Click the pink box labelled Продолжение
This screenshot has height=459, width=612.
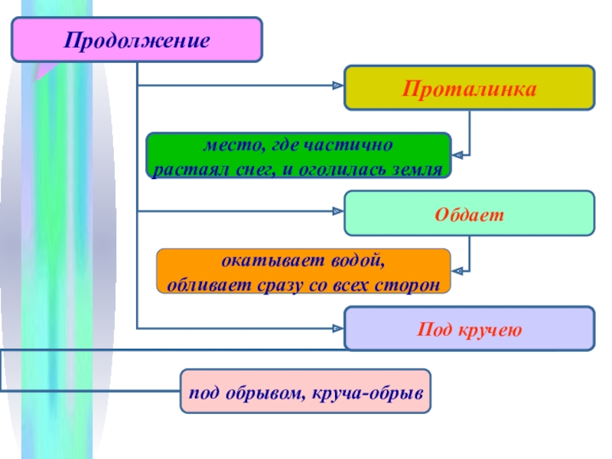(136, 40)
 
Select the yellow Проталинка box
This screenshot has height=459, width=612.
(469, 87)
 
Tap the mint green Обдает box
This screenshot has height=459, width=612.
(469, 213)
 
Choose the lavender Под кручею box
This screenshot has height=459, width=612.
(469, 329)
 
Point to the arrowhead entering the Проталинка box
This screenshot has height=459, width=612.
(337, 86)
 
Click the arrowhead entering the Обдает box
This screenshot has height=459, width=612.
(337, 210)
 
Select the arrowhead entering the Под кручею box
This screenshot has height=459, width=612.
(337, 329)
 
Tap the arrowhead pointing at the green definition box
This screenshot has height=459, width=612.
(457, 155)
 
